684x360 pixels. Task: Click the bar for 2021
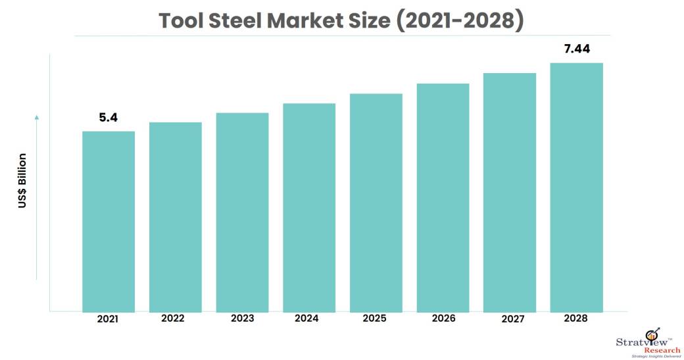pyautogui.click(x=109, y=220)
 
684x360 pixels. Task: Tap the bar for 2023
pyautogui.click(x=242, y=211)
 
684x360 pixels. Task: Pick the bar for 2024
pyautogui.click(x=309, y=207)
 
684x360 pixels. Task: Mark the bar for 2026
pyautogui.click(x=443, y=197)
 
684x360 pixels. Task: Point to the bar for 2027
pyautogui.click(x=510, y=192)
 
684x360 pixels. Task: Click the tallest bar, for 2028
pyautogui.click(x=576, y=187)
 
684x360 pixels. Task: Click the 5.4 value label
pyautogui.click(x=108, y=118)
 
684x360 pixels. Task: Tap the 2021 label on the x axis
pyautogui.click(x=108, y=319)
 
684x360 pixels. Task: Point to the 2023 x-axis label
pyautogui.click(x=242, y=319)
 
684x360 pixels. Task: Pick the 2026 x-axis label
pyautogui.click(x=443, y=319)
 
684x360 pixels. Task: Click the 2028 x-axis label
pyautogui.click(x=576, y=319)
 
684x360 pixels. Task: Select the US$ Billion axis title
pyautogui.click(x=22, y=180)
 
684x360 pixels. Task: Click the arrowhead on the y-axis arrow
pyautogui.click(x=37, y=117)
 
